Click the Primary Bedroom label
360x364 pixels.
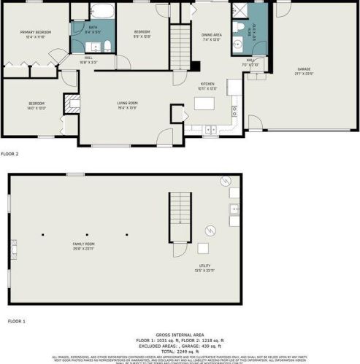(x=34, y=34)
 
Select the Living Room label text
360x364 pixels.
(x=127, y=104)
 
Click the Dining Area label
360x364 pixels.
(x=212, y=36)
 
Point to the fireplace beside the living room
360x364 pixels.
(x=72, y=104)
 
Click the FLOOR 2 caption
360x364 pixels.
(x=9, y=154)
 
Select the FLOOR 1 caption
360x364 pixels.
(x=16, y=321)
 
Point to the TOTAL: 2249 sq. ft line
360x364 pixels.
(x=180, y=350)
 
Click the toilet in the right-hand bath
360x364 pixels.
(x=239, y=28)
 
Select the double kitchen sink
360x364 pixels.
(x=210, y=130)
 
